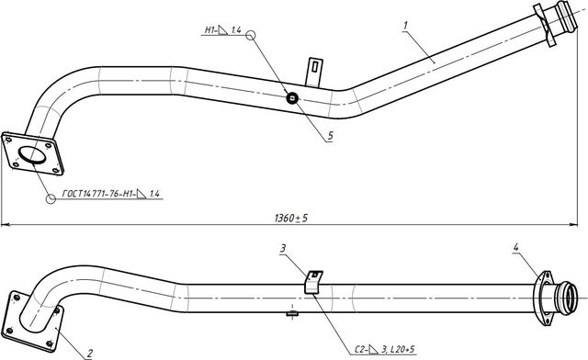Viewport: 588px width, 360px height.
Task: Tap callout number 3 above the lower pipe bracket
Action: tap(284, 248)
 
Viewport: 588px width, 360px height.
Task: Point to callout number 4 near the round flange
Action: tap(516, 247)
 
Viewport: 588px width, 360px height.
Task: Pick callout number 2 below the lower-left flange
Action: tap(89, 352)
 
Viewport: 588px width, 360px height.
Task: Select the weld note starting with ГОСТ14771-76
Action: tap(110, 195)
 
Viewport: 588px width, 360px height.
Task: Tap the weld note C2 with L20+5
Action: tap(383, 348)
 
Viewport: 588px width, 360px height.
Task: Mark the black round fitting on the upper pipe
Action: tap(293, 98)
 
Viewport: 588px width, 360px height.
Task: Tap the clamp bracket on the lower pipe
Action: tap(313, 281)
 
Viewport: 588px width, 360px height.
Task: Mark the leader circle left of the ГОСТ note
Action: tap(52, 197)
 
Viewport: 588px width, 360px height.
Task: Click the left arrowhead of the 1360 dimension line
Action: tap(5, 223)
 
